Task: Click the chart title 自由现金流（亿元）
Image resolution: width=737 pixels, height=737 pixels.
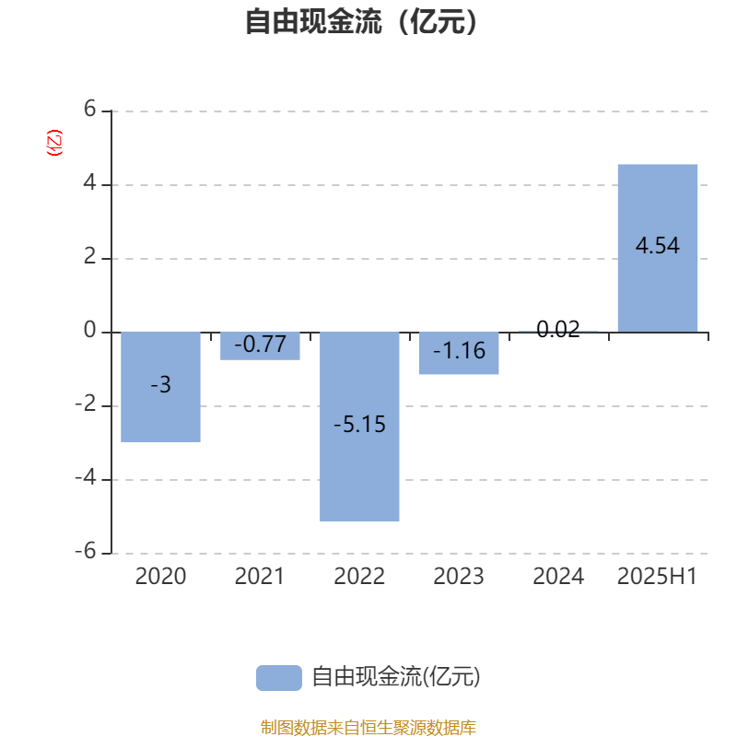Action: pos(361,21)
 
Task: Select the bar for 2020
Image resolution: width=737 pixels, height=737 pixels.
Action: pos(160,387)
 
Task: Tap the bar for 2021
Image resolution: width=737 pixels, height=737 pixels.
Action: pos(260,346)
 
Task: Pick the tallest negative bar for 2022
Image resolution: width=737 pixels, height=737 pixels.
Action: pos(359,427)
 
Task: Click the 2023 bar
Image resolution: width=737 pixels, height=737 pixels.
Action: pos(459,353)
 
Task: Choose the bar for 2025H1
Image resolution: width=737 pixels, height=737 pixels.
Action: pos(658,248)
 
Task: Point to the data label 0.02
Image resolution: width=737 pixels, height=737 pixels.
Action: pos(558,329)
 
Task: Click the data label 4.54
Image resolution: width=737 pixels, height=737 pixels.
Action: pos(658,245)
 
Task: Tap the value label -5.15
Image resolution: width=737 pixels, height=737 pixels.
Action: pos(359,424)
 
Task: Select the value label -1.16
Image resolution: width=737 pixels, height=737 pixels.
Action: pos(459,350)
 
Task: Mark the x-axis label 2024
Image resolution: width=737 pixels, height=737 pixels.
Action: pos(558,576)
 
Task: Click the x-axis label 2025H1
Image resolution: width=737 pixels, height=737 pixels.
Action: pos(657,576)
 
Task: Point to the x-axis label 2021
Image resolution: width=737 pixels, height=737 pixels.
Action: pos(260,576)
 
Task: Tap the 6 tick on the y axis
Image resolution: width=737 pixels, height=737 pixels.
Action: pos(89,109)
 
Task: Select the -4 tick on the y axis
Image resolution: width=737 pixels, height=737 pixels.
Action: pos(86,477)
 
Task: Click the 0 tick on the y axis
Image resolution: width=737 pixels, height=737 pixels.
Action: pos(89,330)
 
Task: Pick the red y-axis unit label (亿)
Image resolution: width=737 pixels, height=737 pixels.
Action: pos(54,143)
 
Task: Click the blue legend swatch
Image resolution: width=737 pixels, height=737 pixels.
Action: pos(279,678)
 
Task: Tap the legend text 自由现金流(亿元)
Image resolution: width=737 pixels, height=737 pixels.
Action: pos(396,677)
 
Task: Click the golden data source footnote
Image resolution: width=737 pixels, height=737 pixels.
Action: pos(368,727)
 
